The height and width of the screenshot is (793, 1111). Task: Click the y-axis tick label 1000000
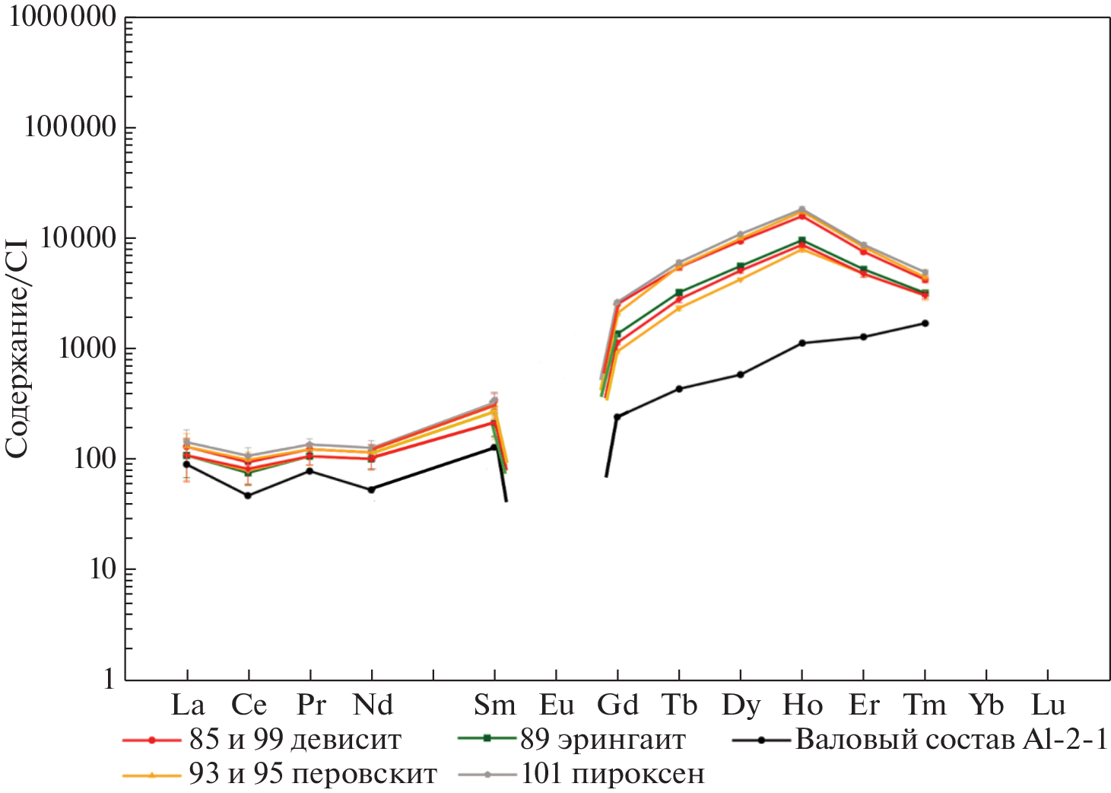62,17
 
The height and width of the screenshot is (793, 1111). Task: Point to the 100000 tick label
70,127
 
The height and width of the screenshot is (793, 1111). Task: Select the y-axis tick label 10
103,569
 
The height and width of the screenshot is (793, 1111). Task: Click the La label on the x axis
187,705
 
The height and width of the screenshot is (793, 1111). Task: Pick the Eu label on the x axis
556,705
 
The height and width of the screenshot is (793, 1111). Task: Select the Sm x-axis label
494,705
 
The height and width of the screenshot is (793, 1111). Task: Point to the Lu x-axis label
1048,705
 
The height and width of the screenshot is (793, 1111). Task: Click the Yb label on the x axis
986,705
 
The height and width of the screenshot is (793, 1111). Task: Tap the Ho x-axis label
802,705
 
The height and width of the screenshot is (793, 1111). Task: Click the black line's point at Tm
925,323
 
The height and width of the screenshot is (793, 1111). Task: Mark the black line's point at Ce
248,495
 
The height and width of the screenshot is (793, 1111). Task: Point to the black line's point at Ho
802,343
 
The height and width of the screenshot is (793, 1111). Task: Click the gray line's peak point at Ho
802,209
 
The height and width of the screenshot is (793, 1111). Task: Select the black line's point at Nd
371,489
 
